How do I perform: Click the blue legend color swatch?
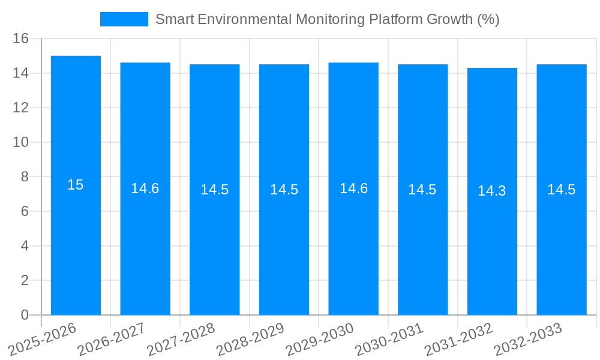coord(124,19)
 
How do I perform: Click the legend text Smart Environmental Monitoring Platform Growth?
coord(327,19)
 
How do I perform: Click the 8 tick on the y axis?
coord(25,177)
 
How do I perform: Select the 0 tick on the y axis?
coord(25,315)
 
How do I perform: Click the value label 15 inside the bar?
coord(76,185)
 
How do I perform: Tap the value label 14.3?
coord(492,191)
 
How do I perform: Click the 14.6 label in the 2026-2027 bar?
coord(145,188)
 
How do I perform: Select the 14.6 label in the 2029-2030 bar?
coord(353,188)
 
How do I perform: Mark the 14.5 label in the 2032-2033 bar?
coord(562,190)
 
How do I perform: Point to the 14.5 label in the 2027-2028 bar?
coord(215,190)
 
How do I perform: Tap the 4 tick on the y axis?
coord(25,246)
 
